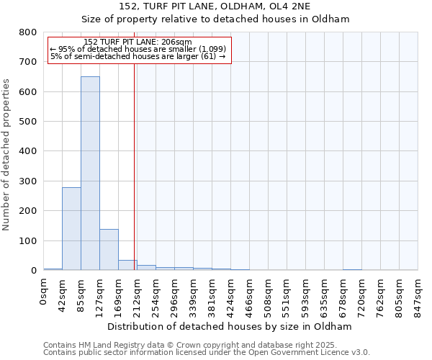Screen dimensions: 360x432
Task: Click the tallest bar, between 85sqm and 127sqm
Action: click(x=90, y=173)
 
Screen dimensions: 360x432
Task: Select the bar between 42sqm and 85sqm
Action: click(x=71, y=228)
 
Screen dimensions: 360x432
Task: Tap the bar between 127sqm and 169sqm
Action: click(x=109, y=249)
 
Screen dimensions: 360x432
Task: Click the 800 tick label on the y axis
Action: click(x=28, y=32)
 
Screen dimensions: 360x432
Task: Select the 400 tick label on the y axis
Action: click(x=28, y=151)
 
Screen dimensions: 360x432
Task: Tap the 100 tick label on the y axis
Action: click(x=28, y=240)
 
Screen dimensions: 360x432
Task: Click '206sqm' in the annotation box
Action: click(x=176, y=42)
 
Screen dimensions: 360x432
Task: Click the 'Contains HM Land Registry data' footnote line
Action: click(x=206, y=345)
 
